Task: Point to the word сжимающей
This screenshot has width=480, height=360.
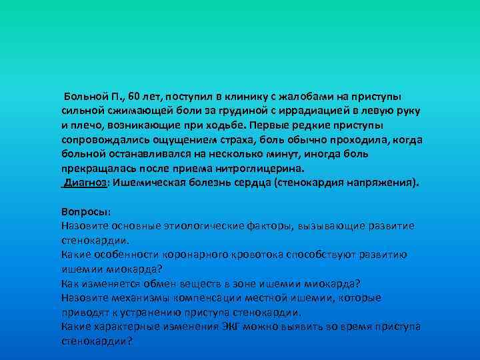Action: click(x=137, y=111)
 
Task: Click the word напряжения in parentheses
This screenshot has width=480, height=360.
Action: click(x=381, y=183)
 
